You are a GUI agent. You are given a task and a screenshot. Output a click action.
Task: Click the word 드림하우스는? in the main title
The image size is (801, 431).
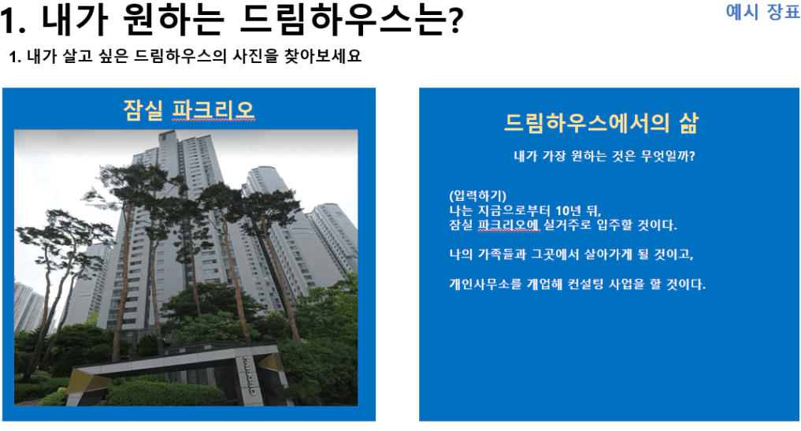point(351,21)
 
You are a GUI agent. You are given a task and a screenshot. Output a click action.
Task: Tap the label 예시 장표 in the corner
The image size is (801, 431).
point(762,12)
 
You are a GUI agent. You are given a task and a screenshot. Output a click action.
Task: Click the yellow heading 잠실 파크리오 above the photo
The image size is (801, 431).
point(188,110)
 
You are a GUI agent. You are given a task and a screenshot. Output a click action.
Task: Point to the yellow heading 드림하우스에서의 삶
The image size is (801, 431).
point(601,123)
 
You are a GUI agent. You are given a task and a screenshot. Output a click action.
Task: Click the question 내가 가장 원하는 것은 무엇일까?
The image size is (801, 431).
point(604,156)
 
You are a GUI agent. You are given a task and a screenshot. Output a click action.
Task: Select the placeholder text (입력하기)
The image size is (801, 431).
point(478,196)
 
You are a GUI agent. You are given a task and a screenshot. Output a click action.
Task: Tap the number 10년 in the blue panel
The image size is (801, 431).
point(569,210)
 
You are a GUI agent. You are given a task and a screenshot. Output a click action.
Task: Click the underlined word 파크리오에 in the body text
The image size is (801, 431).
point(509,225)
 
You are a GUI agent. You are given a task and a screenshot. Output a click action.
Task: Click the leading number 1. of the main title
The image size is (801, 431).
point(13,22)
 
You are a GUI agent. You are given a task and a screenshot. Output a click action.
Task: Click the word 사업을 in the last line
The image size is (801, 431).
point(627,284)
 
